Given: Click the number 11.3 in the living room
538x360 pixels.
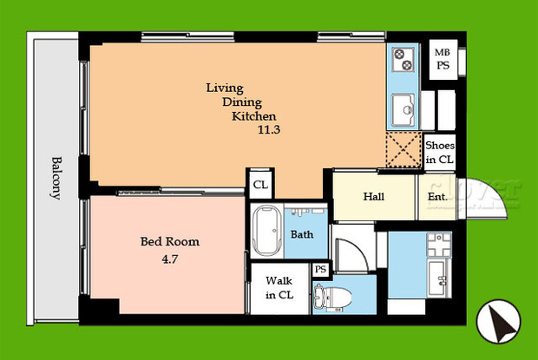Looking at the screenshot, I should point(270,130).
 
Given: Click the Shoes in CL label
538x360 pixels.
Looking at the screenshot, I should point(440,153).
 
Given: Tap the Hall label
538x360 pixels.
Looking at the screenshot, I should point(375,196).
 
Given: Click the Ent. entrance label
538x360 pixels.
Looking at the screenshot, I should point(437,197).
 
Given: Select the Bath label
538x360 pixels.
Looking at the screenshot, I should point(302,234).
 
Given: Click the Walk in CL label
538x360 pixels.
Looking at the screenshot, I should point(279,288).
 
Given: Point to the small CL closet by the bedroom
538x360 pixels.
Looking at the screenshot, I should point(259,184).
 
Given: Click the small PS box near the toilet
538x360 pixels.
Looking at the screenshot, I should point(321,271).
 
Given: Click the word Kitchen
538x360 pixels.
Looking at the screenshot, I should point(253,116).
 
